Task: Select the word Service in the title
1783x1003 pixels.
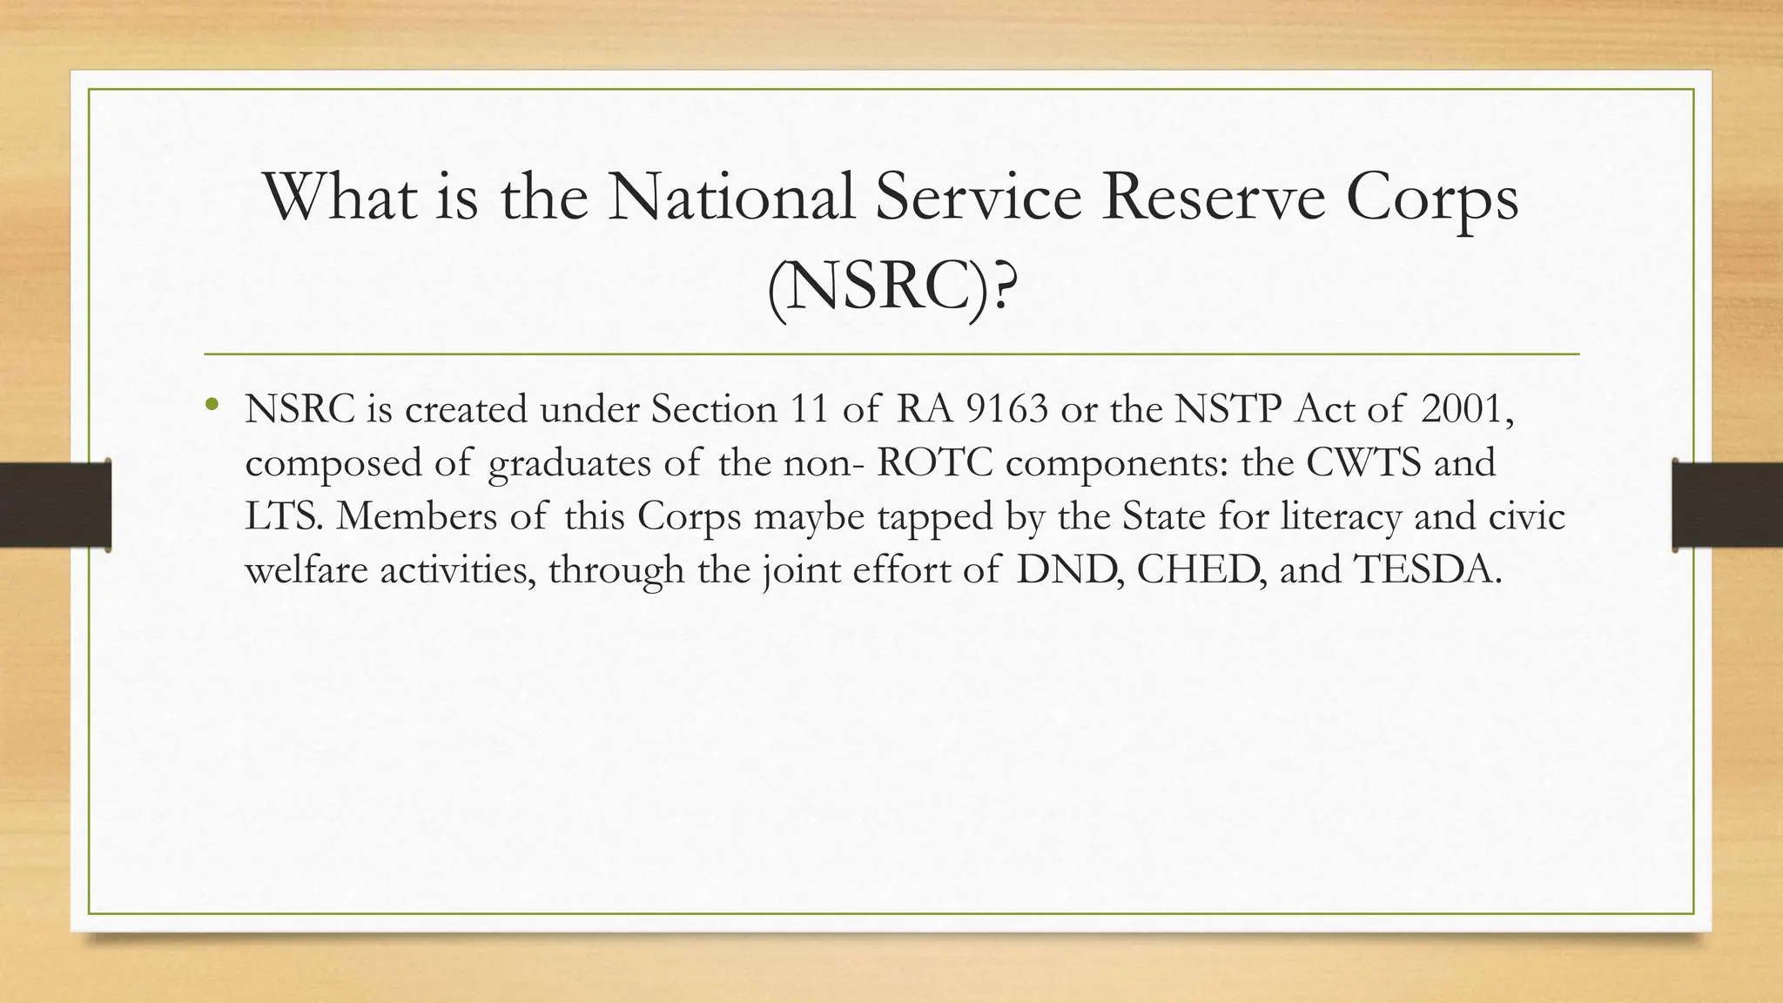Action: coord(978,198)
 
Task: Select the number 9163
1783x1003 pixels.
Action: coord(1007,409)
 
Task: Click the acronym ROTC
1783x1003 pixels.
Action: coord(935,462)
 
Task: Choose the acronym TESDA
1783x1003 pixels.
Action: coord(1427,569)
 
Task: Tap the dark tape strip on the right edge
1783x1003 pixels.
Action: coord(1727,505)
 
